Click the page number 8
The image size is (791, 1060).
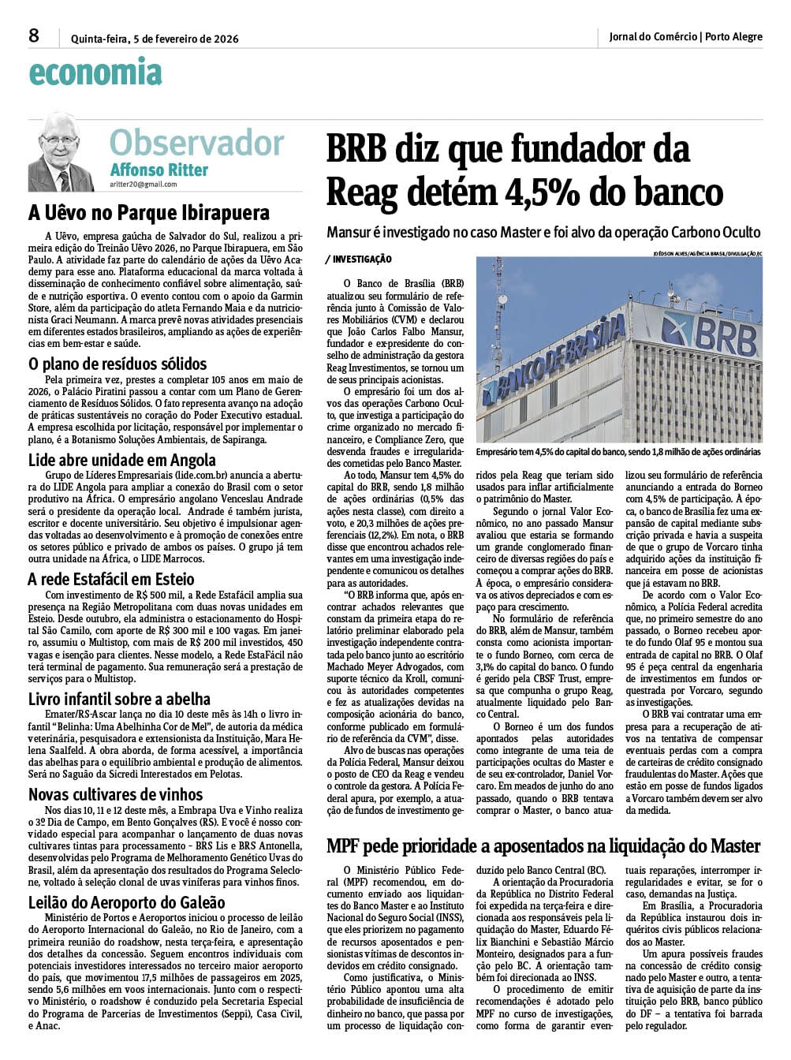pyautogui.click(x=34, y=35)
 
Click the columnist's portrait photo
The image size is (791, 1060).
pyautogui.click(x=61, y=151)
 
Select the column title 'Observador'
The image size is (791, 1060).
pyautogui.click(x=196, y=143)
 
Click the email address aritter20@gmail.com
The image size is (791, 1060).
pyautogui.click(x=144, y=185)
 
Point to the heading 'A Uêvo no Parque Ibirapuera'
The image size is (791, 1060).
pyautogui.click(x=149, y=213)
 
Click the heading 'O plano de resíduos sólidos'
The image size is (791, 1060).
pyautogui.click(x=118, y=364)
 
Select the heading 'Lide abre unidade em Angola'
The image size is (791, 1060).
pyautogui.click(x=122, y=460)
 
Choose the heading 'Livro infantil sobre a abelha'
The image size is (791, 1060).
pyautogui.click(x=119, y=699)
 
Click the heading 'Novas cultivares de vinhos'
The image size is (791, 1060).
pyautogui.click(x=116, y=794)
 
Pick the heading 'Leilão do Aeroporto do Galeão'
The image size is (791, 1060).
pyautogui.click(x=127, y=902)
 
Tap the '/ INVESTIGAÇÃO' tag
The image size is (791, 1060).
pyautogui.click(x=358, y=259)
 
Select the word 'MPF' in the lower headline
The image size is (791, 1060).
pyautogui.click(x=348, y=846)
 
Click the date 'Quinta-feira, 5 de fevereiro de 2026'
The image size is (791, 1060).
pyautogui.click(x=155, y=38)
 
